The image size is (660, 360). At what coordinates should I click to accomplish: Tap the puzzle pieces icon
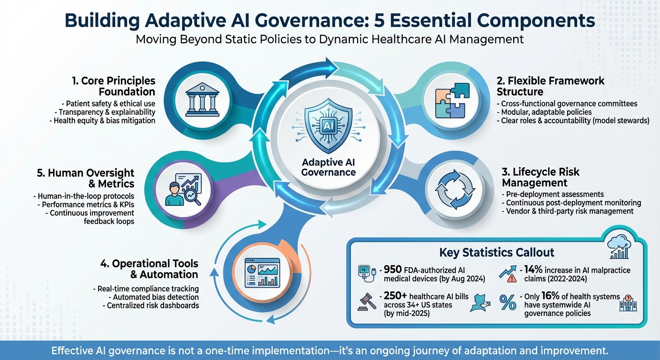452,100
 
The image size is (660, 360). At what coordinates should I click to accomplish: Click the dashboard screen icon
262,272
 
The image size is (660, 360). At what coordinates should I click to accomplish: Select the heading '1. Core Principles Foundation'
113,86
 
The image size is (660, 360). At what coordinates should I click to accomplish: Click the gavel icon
366,302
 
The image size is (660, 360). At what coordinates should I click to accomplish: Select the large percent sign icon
508,302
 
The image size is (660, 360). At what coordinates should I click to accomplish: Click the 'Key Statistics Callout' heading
496,253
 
